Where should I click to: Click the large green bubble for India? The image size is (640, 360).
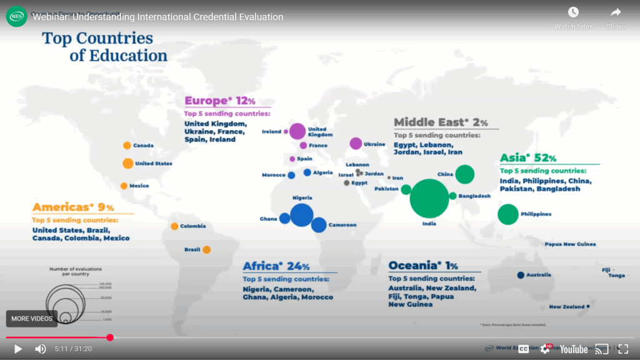pyautogui.click(x=429, y=199)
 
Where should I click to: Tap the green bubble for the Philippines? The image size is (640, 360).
pyautogui.click(x=507, y=214)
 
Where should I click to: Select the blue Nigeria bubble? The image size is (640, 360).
pyautogui.click(x=301, y=214)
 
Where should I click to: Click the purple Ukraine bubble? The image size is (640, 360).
pyautogui.click(x=356, y=144)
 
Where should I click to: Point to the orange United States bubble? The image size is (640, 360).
pyautogui.click(x=127, y=164)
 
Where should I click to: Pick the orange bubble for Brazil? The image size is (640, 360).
pyautogui.click(x=206, y=250)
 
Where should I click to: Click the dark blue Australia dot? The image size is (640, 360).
pyautogui.click(x=521, y=275)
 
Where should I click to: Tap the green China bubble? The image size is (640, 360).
pyautogui.click(x=464, y=174)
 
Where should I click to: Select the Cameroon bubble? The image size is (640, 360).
pyautogui.click(x=319, y=225)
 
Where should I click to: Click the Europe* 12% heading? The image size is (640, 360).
pyautogui.click(x=219, y=101)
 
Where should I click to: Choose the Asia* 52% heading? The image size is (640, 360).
pyautogui.click(x=528, y=158)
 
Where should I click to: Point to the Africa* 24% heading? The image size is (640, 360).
pyautogui.click(x=276, y=266)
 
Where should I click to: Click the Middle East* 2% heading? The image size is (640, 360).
pyautogui.click(x=441, y=122)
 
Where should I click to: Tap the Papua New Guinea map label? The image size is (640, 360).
pyautogui.click(x=570, y=244)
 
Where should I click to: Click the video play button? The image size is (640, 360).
pyautogui.click(x=18, y=349)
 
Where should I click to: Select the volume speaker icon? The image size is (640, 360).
pyautogui.click(x=40, y=349)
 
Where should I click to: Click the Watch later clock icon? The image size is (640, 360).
pyautogui.click(x=573, y=12)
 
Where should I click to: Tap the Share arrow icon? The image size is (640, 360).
pyautogui.click(x=616, y=12)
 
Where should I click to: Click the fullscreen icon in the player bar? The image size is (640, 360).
pyautogui.click(x=623, y=349)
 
